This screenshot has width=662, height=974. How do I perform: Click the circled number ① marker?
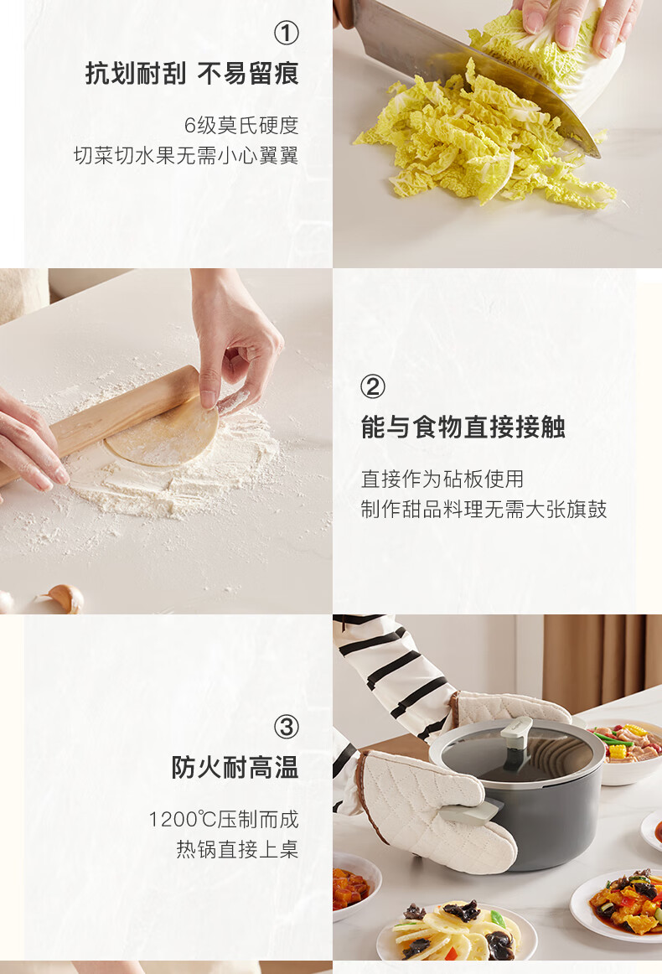(287, 33)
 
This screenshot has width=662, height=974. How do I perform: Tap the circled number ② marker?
(373, 386)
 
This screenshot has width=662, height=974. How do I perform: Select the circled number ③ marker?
(287, 727)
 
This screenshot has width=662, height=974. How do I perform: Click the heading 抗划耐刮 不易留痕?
(192, 74)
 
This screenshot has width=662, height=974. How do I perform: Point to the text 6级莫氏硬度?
(241, 126)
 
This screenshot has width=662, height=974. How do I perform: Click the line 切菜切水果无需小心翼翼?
(186, 155)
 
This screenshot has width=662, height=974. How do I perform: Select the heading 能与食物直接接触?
(463, 427)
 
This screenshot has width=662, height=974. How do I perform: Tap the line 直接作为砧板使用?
(442, 479)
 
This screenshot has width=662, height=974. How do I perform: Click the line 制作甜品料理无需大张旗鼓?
(484, 510)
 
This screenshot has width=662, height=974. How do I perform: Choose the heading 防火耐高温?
(235, 768)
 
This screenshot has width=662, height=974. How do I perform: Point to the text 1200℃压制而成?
(224, 819)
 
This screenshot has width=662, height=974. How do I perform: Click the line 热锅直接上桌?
(237, 849)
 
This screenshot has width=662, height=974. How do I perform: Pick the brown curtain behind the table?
(601, 661)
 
